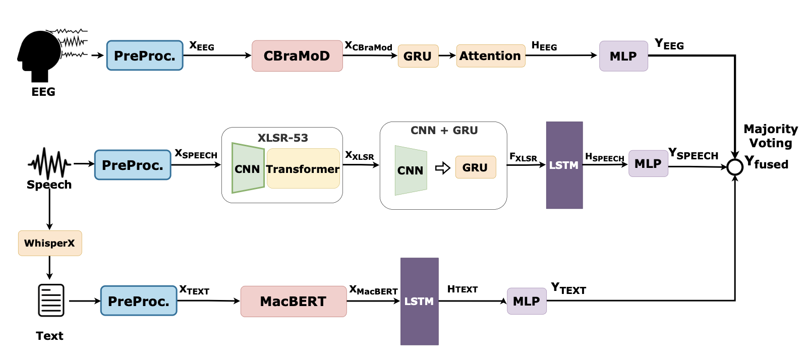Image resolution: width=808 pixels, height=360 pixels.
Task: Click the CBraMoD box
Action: tap(297, 56)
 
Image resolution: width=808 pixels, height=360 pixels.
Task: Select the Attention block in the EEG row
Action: tap(490, 56)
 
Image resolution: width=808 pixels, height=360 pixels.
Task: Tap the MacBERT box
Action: tap(293, 302)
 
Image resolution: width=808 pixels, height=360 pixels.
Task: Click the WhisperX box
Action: tap(49, 243)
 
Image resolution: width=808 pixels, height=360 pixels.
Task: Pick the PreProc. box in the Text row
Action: tap(138, 301)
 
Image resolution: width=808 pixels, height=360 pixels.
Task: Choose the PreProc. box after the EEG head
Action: tap(144, 55)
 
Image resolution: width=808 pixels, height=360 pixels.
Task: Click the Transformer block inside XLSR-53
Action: tap(303, 169)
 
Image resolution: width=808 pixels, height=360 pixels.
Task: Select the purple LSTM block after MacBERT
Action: tap(419, 302)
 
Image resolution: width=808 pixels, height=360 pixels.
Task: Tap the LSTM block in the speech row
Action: tap(564, 165)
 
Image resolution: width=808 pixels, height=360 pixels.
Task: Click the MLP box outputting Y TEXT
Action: tap(526, 301)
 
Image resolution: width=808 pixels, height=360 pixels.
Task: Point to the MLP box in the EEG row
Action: tap(623, 56)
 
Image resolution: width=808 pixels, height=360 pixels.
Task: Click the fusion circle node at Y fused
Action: tap(735, 167)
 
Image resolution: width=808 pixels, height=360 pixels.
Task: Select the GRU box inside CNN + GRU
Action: tap(475, 167)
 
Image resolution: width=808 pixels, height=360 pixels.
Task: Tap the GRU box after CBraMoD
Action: tap(418, 56)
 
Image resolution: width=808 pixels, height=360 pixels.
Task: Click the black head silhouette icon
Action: tap(39, 55)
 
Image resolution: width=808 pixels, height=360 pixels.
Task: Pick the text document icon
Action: tap(51, 301)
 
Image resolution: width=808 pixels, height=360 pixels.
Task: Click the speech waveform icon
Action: tap(49, 163)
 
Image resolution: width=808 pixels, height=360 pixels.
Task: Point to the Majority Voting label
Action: tap(770, 136)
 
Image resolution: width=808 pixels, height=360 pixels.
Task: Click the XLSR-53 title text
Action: tap(282, 138)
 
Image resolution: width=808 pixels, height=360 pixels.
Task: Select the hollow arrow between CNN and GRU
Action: tap(442, 168)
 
